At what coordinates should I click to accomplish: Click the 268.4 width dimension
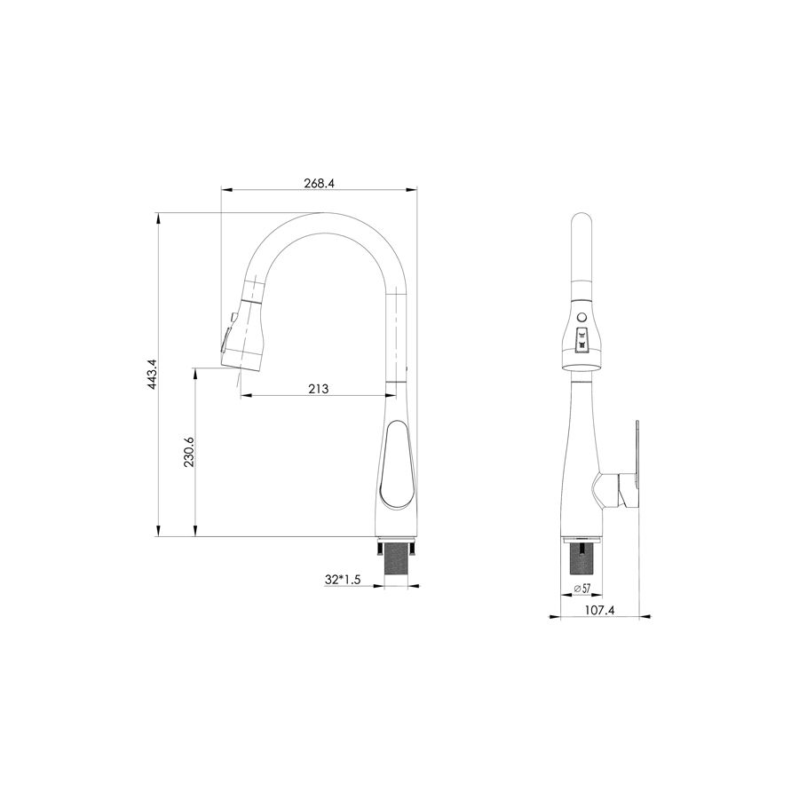coord(319,183)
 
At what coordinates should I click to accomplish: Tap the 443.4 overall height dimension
coord(152,375)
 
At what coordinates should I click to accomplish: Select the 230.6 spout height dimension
coord(188,452)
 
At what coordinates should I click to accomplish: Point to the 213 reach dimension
coord(319,389)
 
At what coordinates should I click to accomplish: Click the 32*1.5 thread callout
coord(343,580)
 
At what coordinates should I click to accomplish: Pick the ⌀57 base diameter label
coord(581,588)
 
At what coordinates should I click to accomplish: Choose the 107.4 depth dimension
coord(599,610)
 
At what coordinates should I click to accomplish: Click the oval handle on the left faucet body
coord(397,463)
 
